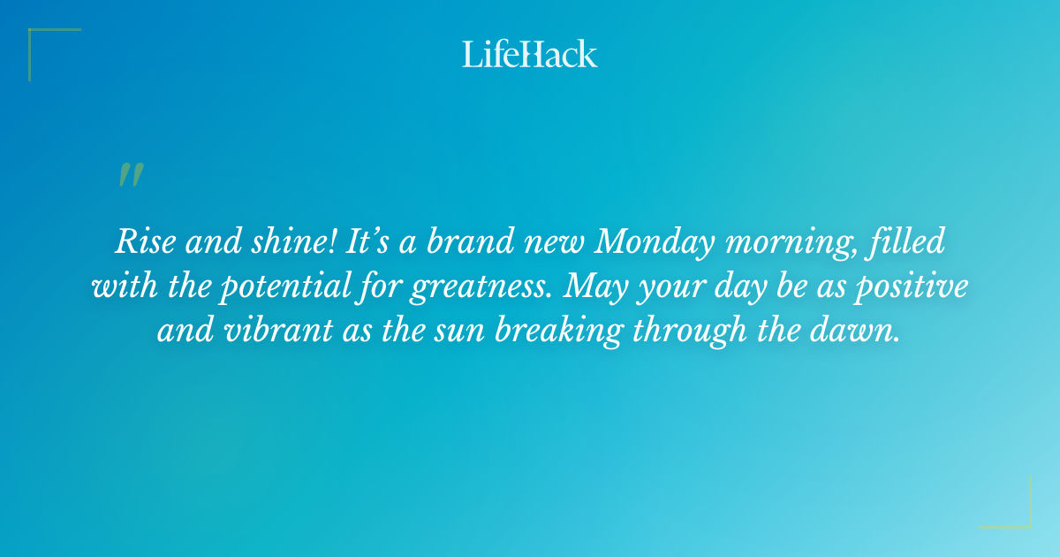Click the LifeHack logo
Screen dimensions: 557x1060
coord(530,54)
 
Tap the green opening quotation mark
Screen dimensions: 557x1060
coord(131,175)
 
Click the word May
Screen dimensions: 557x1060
coord(594,288)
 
